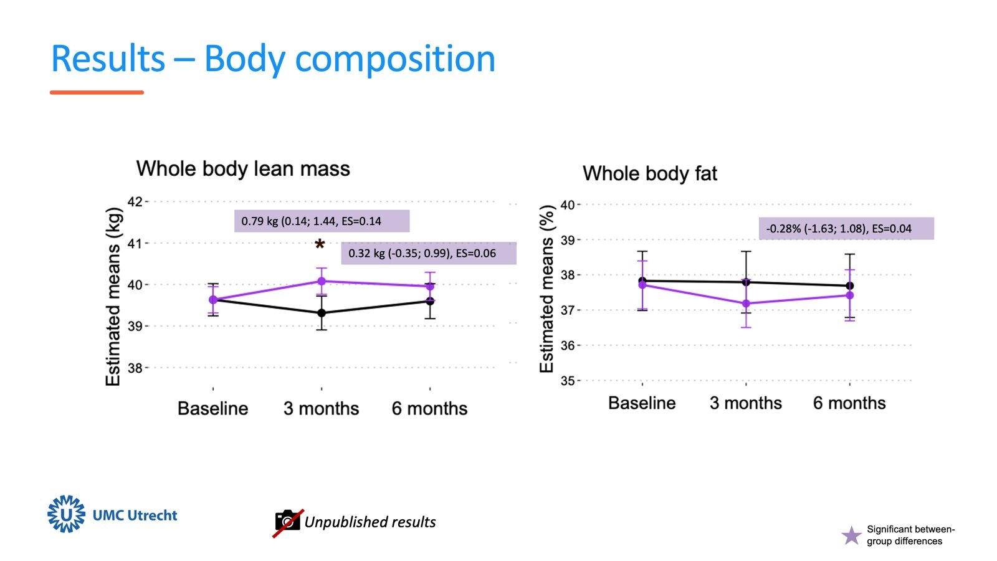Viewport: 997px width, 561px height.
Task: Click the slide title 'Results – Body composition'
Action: (273, 59)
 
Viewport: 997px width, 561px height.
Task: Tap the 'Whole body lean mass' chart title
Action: (243, 169)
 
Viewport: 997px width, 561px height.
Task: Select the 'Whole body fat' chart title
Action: (650, 173)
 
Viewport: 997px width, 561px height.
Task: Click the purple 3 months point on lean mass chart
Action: (322, 281)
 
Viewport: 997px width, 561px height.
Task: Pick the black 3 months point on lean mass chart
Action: (322, 313)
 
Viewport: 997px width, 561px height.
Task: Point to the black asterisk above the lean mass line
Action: (320, 245)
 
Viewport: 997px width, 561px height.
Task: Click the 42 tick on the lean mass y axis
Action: (135, 201)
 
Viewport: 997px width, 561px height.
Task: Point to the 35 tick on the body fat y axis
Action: (568, 380)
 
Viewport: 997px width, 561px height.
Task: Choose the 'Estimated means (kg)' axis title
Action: (113, 296)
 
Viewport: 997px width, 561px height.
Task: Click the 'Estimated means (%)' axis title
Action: (546, 289)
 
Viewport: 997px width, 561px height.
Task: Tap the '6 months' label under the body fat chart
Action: (849, 403)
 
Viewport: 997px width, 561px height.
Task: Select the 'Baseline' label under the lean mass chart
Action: (212, 408)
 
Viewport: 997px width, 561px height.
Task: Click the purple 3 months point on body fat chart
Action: (746, 304)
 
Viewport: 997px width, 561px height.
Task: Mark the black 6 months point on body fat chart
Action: (849, 286)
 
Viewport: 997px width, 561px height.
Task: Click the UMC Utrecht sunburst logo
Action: (66, 514)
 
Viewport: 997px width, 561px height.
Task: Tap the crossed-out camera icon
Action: (287, 522)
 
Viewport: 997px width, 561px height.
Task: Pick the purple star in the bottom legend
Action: (851, 535)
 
